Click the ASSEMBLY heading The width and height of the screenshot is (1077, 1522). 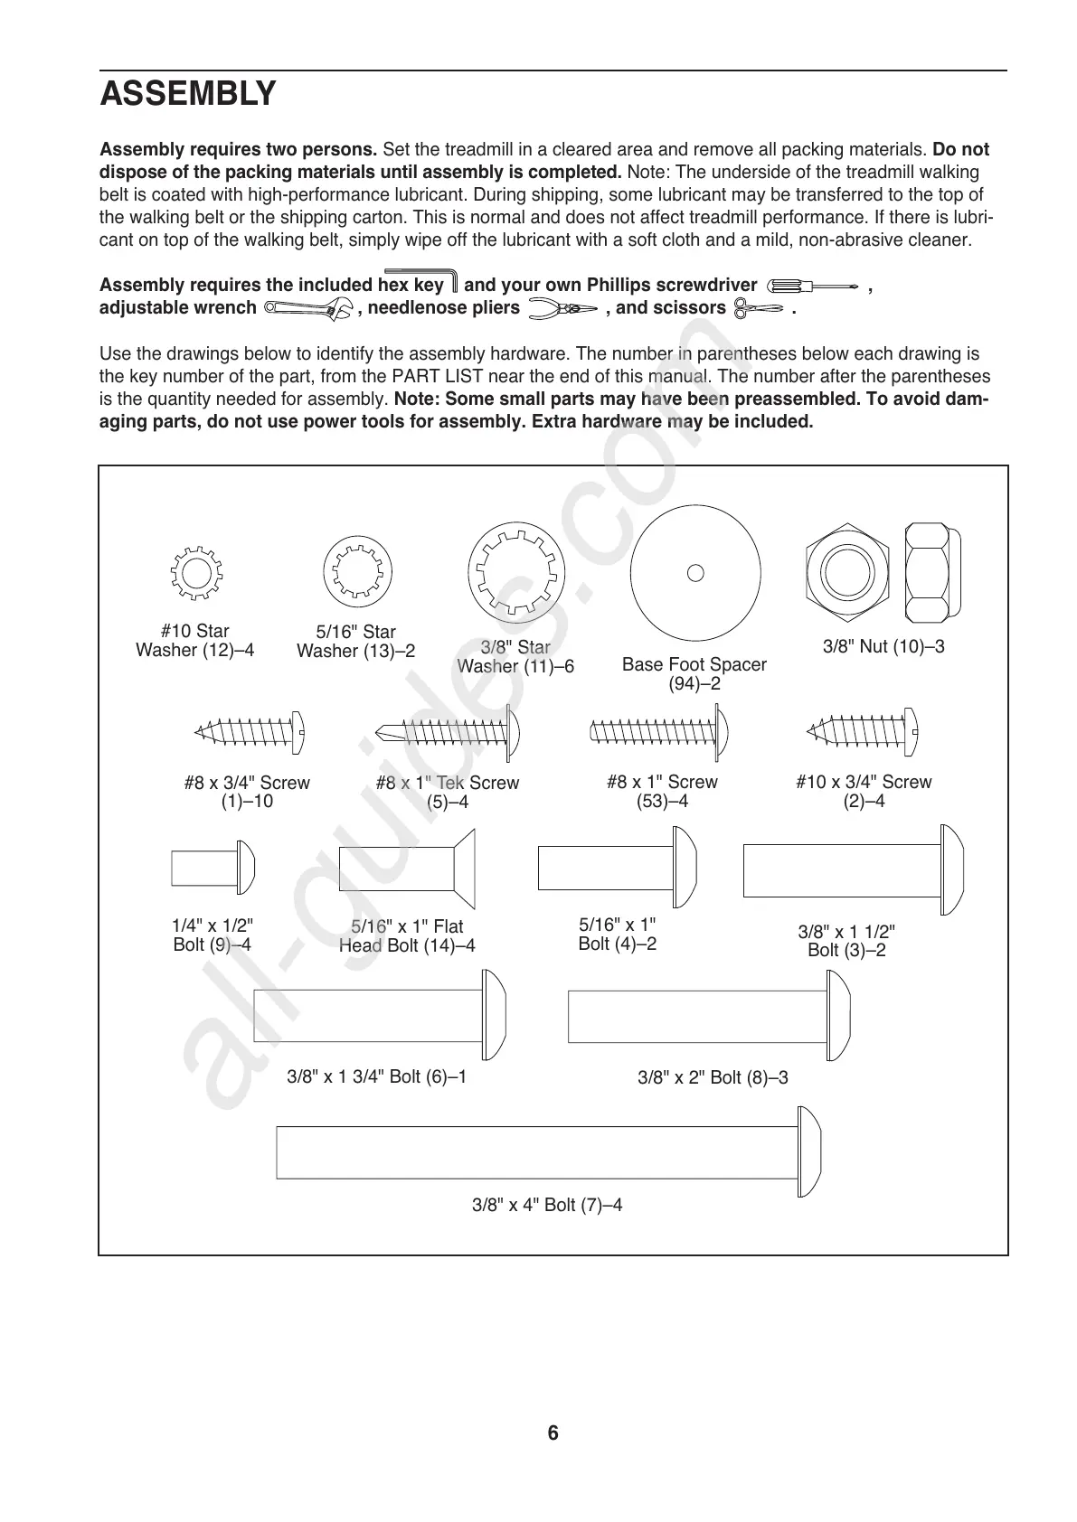(x=188, y=93)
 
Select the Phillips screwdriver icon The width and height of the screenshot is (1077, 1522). (x=811, y=287)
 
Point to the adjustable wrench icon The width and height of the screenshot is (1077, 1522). (x=308, y=309)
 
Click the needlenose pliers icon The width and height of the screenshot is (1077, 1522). (x=562, y=309)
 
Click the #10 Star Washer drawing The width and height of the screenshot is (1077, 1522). (x=195, y=573)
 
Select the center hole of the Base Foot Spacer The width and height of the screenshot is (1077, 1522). (x=695, y=572)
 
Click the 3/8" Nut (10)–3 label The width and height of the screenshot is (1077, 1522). (x=883, y=647)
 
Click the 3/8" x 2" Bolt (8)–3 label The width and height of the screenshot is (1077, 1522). (x=713, y=1077)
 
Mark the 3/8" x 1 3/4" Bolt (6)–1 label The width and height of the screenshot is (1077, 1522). (x=376, y=1076)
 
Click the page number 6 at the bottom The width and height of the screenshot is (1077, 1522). (x=553, y=1433)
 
